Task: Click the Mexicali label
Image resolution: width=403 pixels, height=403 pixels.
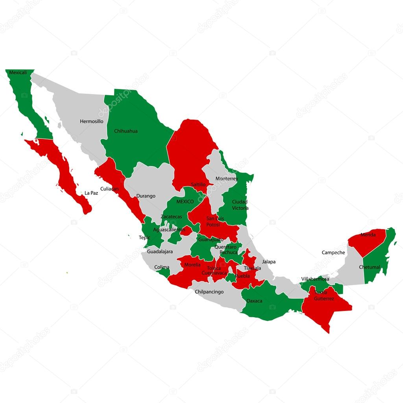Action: pos(18,72)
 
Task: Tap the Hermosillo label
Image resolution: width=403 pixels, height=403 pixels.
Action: pos(91,121)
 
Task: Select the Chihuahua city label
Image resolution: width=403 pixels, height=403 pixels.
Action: pos(126,131)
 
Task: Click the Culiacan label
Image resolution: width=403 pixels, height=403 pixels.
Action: pos(109,189)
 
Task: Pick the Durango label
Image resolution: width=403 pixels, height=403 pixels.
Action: pos(146,196)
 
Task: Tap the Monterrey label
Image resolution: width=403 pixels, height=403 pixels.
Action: pos(227,179)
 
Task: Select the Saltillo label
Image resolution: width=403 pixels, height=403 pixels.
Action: pos(198,184)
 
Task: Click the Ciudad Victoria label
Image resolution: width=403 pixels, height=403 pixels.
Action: pos(240,205)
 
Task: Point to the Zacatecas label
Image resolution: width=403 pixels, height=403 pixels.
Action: pos(171,217)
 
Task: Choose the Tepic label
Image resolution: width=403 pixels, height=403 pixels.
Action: pos(144,237)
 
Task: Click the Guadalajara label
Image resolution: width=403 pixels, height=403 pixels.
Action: pos(160,251)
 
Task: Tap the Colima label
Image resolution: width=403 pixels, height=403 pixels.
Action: pos(162,267)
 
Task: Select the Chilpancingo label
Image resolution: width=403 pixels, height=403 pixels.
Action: pos(209,292)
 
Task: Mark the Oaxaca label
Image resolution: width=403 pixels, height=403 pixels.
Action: pos(254,301)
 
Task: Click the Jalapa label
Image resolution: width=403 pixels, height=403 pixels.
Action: pos(269,261)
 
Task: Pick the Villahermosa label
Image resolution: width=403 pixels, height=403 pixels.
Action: pos(315,279)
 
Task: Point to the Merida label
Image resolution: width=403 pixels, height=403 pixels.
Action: pos(368,235)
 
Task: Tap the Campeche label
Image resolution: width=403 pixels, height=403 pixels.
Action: pos(333,253)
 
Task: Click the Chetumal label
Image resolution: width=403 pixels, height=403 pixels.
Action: pos(370,267)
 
